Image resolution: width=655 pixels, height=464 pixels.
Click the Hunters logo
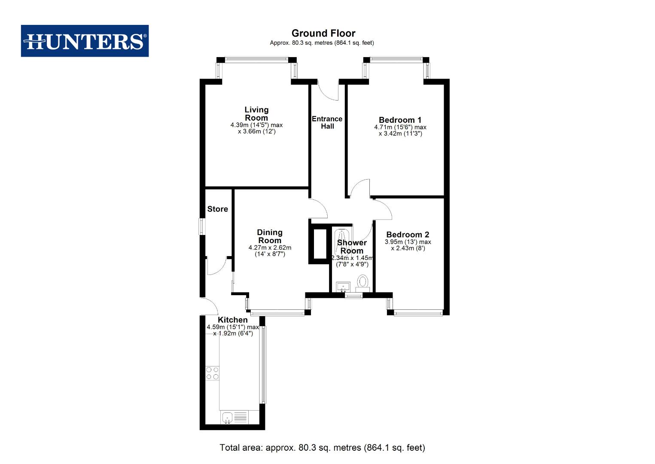85,41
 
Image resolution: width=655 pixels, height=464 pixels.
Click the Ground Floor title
323,34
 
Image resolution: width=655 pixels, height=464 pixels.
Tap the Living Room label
256,114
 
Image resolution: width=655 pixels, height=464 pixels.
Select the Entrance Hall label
327,122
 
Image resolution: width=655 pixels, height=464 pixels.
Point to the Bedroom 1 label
400,120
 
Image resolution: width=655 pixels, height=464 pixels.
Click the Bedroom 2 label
408,235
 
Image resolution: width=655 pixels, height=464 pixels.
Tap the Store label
217,209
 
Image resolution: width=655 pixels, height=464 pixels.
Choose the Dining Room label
269,237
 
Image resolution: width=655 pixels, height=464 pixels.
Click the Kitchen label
232,320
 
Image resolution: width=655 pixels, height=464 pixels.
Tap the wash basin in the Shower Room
343,287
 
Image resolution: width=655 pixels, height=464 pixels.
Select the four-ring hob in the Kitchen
212,373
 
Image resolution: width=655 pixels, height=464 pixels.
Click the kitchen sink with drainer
234,417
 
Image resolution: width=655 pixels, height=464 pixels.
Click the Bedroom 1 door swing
360,189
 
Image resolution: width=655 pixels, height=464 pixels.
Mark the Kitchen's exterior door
209,306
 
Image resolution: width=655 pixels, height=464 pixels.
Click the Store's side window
201,226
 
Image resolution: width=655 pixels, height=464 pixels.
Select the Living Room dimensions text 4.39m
256,125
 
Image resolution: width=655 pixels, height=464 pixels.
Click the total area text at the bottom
322,448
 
